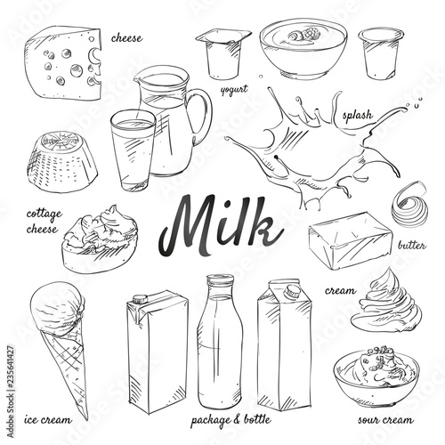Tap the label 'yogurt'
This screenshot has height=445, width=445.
point(234,90)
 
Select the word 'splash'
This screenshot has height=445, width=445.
point(357,115)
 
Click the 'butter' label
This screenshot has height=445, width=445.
point(411,246)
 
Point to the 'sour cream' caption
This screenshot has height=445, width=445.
point(385,420)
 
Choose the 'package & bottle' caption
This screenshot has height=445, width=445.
point(231,420)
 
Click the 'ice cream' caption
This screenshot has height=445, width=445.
point(48,420)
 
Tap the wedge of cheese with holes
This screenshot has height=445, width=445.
point(63,61)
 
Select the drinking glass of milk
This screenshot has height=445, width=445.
point(133,150)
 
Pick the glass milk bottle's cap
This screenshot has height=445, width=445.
point(220,280)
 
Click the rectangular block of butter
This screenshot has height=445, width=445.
point(350,241)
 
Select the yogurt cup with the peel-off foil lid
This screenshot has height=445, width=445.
point(223,53)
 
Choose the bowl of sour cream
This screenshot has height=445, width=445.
point(376,375)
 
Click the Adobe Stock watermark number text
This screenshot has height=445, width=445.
point(11,391)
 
